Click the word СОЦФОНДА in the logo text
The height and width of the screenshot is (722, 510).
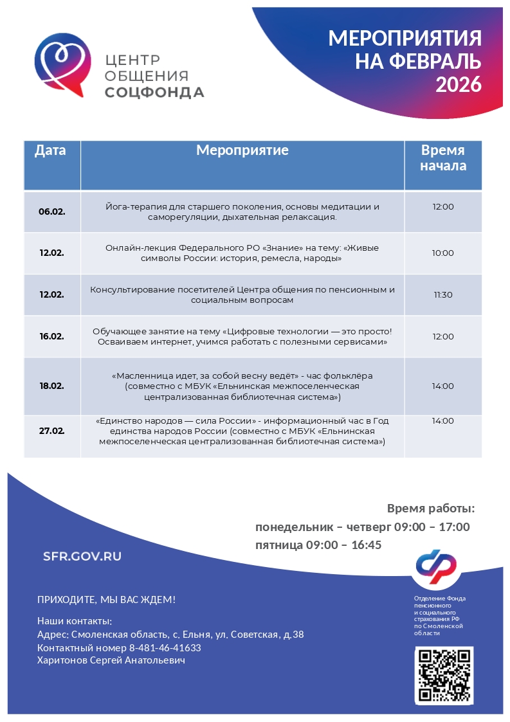154,93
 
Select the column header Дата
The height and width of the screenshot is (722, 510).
50,150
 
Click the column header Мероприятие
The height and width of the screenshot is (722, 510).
242,150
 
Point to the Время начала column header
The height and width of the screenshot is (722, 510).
442,158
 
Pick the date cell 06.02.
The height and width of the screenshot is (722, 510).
51,212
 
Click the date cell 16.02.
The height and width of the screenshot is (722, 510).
51,336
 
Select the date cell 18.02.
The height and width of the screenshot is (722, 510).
51,386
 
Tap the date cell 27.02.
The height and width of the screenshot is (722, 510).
51,431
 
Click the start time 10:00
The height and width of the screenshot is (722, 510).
442,253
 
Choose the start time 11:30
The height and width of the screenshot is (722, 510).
442,295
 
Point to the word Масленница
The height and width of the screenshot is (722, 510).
142,375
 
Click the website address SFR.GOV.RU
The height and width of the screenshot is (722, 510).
82,557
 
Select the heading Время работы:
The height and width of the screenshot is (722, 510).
430,509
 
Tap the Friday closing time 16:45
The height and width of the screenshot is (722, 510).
366,545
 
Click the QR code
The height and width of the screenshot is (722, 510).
444,675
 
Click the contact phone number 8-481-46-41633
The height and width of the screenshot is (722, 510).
165,647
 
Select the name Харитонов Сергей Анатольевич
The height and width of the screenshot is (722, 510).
111,660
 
